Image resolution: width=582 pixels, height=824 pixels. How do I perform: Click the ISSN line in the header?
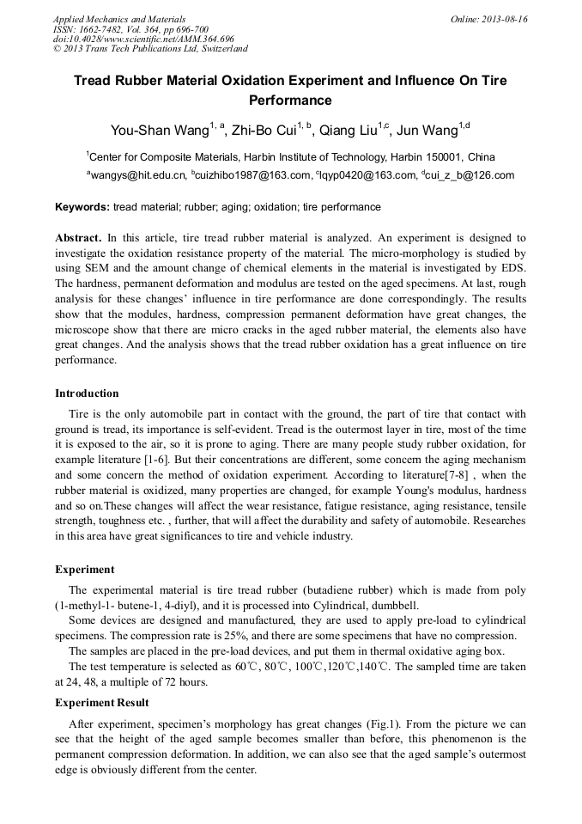tap(119, 29)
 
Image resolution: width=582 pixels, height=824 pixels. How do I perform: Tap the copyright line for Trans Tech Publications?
tap(150, 49)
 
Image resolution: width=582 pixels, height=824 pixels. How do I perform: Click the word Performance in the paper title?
tap(290, 100)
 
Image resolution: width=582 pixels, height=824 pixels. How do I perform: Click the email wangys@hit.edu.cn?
tap(138, 175)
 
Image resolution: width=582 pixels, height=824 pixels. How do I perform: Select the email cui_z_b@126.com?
tap(470, 175)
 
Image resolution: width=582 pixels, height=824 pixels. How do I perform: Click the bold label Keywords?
tap(82, 207)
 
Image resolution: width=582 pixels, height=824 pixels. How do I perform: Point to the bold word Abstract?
tap(78, 236)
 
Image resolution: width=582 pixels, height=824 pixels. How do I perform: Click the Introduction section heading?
tap(87, 394)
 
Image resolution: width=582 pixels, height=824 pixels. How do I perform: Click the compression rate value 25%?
tap(246, 636)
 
